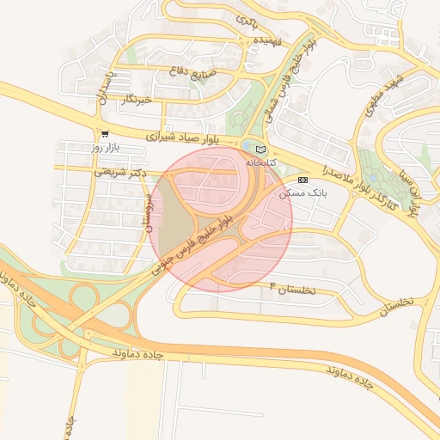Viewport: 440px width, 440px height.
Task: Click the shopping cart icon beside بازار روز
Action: point(105,134)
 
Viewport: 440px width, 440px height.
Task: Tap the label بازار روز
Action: point(109,148)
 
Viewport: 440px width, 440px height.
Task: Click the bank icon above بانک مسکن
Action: point(302,180)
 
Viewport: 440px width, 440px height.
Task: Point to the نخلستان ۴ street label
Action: point(293,289)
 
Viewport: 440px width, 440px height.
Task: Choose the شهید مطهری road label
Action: point(394,89)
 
